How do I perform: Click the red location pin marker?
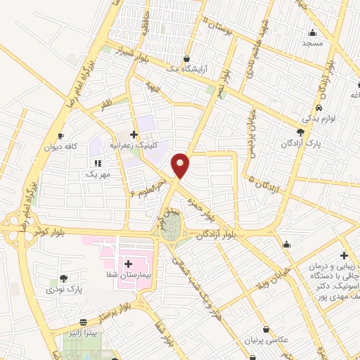coord(181,165)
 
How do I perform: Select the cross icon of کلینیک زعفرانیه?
coord(134,133)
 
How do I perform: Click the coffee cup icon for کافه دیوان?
coord(61,136)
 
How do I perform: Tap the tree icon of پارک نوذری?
coord(64,278)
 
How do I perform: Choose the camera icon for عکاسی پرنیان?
coord(266,328)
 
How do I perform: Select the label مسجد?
coord(312,44)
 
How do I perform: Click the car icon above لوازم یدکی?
coord(319,108)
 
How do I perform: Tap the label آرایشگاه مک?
coord(185,70)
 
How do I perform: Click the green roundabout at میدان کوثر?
coord(171,225)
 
